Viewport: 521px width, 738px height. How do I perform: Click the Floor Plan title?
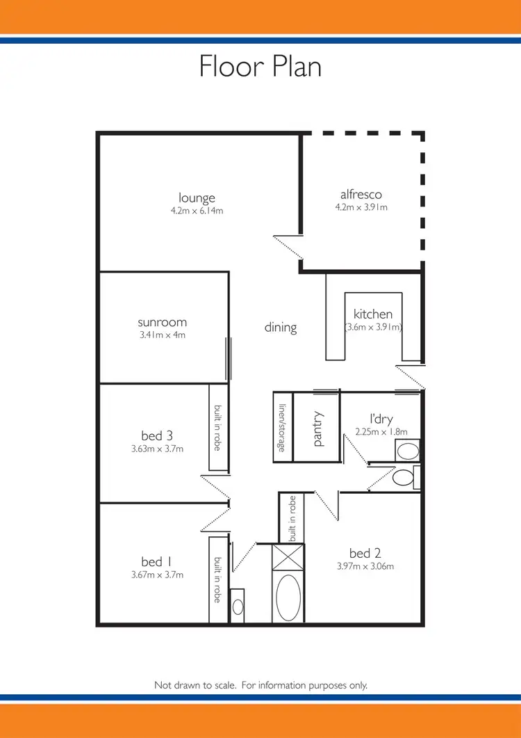pos(260,66)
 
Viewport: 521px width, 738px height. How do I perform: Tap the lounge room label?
pos(197,198)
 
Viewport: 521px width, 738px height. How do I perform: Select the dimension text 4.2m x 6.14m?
pos(197,211)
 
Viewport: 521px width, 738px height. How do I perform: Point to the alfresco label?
pos(361,194)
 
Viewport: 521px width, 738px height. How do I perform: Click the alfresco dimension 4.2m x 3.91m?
pos(361,207)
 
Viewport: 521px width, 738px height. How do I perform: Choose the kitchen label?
pos(373,314)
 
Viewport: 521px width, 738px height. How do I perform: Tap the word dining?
pos(281,327)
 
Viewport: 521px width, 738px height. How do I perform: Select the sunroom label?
pos(162,322)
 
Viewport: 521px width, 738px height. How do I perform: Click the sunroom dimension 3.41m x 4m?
pos(162,335)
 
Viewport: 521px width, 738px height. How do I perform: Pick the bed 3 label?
pos(157,436)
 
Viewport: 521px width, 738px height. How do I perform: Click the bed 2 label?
pos(365,554)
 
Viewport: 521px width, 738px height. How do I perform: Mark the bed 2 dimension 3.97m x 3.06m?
pos(365,566)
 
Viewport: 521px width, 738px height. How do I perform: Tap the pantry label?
pos(318,428)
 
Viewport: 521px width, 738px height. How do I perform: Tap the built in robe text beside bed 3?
pos(217,428)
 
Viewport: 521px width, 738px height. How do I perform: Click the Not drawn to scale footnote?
pos(260,685)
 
